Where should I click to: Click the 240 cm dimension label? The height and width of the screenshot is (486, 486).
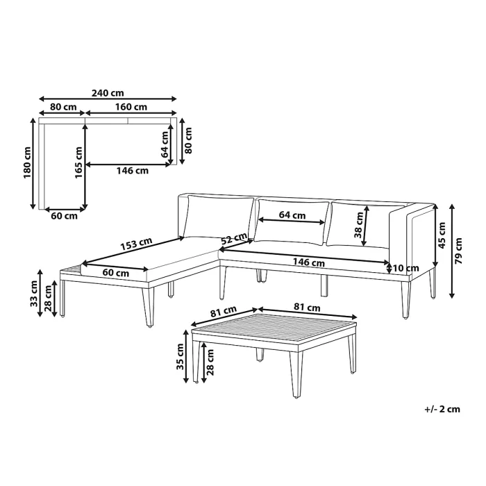click(108, 92)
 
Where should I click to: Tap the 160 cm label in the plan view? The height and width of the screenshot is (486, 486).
click(131, 107)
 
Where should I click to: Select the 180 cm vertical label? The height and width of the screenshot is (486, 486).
click(28, 162)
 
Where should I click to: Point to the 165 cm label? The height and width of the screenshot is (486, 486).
click(78, 162)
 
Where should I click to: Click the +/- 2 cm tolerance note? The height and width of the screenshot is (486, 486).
click(442, 409)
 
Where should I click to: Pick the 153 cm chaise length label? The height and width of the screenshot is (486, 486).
click(136, 244)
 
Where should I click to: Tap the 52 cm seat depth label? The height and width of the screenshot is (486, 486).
click(234, 238)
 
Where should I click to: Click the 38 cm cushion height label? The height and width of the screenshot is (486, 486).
click(358, 225)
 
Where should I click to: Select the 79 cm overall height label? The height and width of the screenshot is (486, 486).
click(458, 251)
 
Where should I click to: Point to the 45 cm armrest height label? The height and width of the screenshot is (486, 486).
click(442, 235)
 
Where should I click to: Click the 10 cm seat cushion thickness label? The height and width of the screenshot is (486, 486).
click(405, 268)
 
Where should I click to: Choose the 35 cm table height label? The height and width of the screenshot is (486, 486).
click(180, 356)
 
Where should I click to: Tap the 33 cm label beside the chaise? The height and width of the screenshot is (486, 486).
click(34, 294)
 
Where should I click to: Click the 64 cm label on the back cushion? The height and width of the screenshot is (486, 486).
click(292, 215)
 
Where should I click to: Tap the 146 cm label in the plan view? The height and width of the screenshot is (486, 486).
click(133, 171)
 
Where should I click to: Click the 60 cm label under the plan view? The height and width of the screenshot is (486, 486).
click(64, 216)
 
